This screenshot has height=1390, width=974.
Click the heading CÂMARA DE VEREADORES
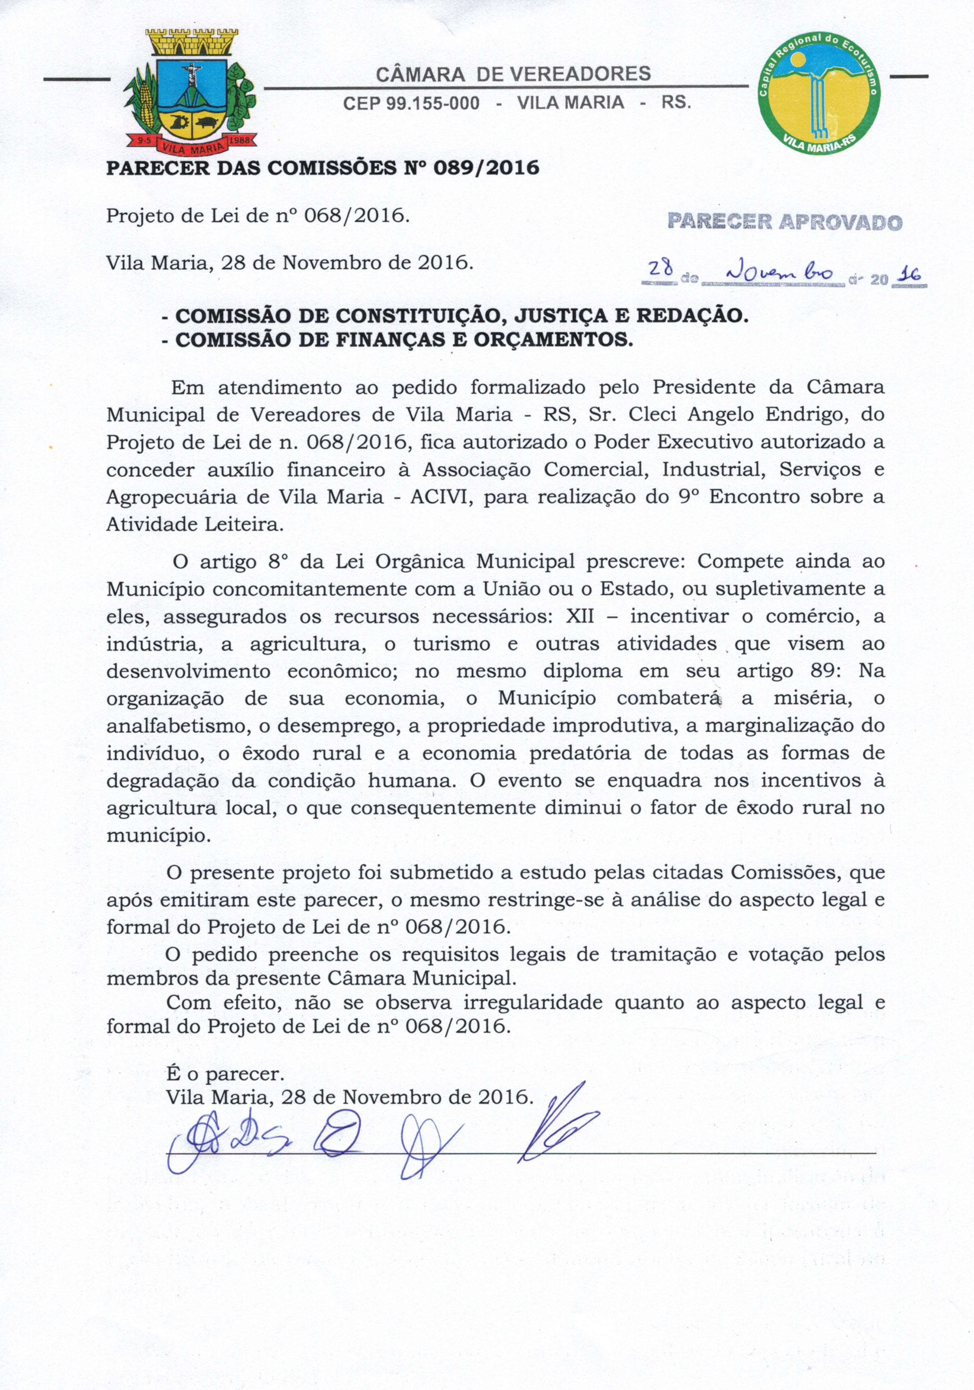[513, 74]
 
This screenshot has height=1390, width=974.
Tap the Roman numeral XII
[581, 616]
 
